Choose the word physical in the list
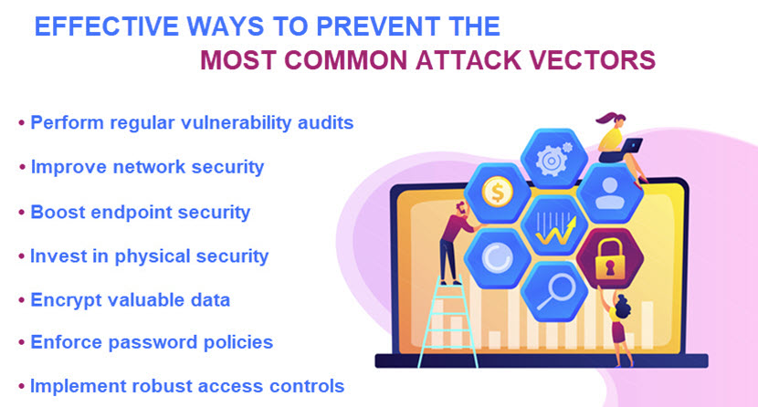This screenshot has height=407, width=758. coord(160,256)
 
